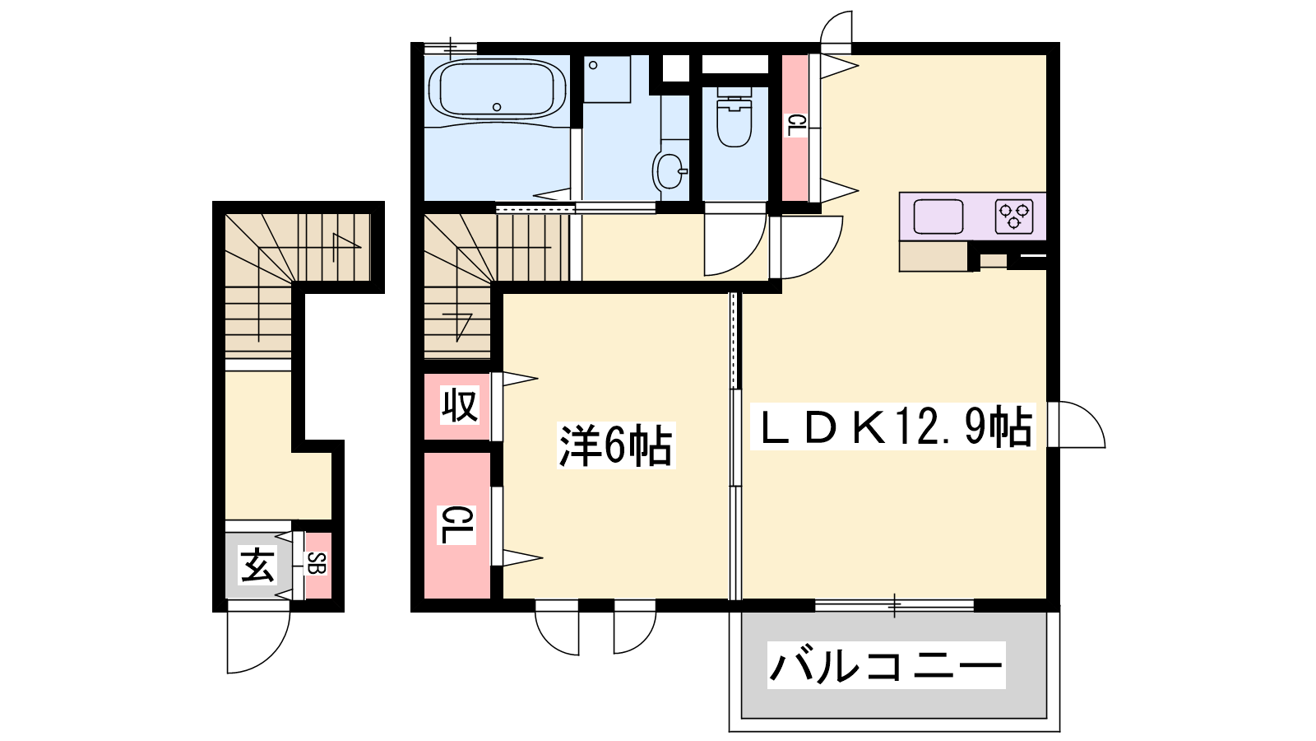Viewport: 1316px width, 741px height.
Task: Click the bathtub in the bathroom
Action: click(497, 90)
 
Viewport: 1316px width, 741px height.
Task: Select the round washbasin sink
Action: click(670, 171)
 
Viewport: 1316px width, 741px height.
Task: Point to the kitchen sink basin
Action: click(938, 217)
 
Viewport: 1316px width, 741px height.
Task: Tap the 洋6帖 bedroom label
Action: click(616, 445)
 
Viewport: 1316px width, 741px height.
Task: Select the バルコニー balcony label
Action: click(886, 665)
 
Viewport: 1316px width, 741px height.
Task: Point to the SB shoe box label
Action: click(316, 564)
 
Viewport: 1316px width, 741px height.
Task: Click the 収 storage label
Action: click(460, 404)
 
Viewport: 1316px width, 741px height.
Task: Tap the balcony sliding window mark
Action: click(893, 605)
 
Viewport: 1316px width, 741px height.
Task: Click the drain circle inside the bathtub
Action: click(497, 107)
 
